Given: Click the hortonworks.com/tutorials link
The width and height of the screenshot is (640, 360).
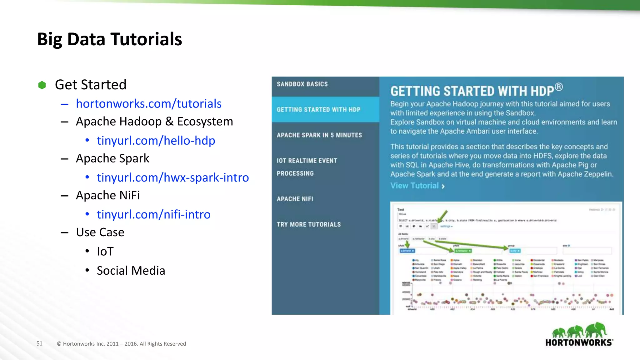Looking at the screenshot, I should (x=149, y=104).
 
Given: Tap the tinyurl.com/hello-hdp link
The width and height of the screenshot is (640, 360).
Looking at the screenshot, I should (x=156, y=141).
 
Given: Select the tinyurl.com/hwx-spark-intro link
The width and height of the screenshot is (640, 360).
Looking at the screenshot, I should (x=173, y=177).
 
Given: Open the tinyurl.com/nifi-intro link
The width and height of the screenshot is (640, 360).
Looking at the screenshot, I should (x=153, y=214).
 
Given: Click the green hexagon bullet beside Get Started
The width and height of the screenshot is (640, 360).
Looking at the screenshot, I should (x=42, y=85).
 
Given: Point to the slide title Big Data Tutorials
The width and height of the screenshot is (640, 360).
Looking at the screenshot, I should (x=109, y=39).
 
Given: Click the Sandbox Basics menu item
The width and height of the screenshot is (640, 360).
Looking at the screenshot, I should (x=302, y=84).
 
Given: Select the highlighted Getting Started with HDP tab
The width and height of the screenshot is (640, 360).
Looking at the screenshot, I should (x=318, y=110).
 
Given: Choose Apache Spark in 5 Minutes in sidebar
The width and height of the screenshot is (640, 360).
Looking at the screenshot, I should (x=319, y=135).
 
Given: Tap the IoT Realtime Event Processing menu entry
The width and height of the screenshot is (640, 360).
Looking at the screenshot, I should (x=307, y=167).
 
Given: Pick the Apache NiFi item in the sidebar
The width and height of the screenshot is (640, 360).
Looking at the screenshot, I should (x=295, y=199).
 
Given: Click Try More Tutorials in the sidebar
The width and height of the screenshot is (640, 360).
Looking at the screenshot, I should (x=308, y=224).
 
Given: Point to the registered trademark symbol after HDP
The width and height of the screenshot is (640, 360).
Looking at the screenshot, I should (x=559, y=87).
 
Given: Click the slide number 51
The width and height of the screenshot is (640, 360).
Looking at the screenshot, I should (x=39, y=343).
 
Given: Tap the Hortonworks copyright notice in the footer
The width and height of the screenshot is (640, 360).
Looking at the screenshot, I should (x=121, y=344).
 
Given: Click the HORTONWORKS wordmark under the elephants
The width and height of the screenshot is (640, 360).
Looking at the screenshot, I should (x=579, y=342).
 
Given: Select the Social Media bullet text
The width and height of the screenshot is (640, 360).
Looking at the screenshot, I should (x=131, y=271).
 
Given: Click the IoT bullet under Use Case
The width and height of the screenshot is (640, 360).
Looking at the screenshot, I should (x=105, y=252).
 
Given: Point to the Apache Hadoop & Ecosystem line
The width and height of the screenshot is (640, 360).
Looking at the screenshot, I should (x=154, y=122).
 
